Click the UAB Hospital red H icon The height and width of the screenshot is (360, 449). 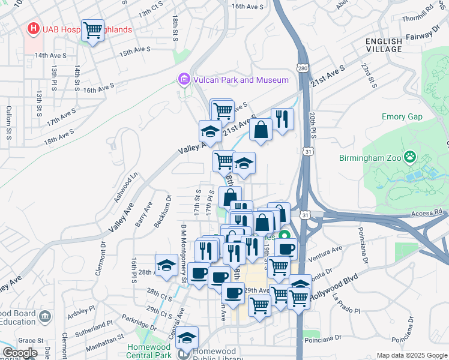click(x=34, y=28)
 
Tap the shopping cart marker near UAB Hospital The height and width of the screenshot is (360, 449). click(x=93, y=29)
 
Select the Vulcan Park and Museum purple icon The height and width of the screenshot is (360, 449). click(x=183, y=79)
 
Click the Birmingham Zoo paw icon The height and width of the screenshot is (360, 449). click(x=410, y=157)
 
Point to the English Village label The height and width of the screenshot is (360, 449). click(x=384, y=45)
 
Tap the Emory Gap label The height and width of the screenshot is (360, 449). click(x=402, y=117)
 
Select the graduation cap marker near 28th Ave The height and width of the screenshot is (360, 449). click(x=166, y=265)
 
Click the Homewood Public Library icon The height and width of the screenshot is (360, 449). click(x=186, y=353)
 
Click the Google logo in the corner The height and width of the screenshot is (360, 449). click(x=20, y=353)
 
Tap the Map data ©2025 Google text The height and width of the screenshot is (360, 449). click(x=412, y=355)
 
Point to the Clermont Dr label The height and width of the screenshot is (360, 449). click(x=100, y=258)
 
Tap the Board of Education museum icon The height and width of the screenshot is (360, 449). click(x=44, y=316)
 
